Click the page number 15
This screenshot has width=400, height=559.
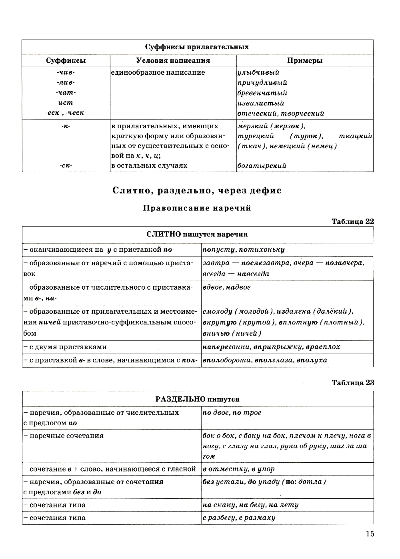pos(370,534)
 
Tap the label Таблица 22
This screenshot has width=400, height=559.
pos(353,221)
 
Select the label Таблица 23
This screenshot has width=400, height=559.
pos(353,383)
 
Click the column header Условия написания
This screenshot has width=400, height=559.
pos(173,61)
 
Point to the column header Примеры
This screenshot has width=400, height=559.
pos(305,61)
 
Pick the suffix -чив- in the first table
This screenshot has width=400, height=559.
pos(66,72)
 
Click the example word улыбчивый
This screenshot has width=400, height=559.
pos(258,72)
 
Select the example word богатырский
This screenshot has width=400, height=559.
pos(262,165)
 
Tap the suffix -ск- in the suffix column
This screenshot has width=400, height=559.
pos(66,165)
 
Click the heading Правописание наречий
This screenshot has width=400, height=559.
pos(197,208)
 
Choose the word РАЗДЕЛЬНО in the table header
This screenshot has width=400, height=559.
pos(179,399)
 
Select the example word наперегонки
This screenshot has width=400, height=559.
pos(226,347)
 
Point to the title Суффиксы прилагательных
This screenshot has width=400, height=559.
pos(197,47)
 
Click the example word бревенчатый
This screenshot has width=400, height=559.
pos(262,93)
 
